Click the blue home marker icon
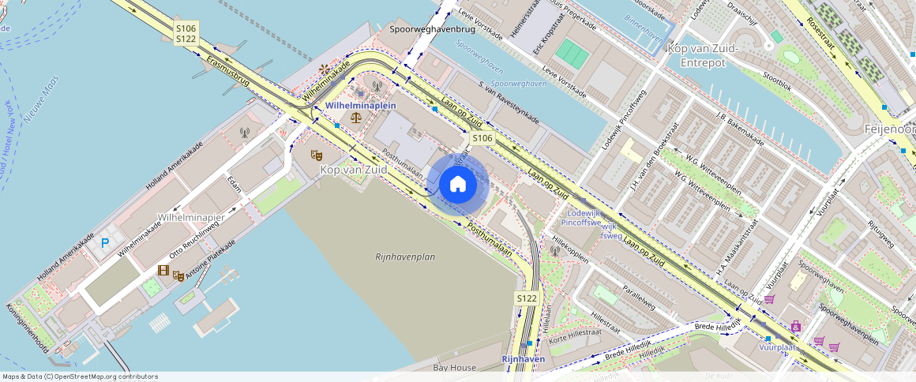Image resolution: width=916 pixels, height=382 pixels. [x=457, y=185]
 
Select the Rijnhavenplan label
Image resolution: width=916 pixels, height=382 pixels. [x=405, y=257]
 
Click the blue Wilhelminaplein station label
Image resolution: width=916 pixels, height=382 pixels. [x=361, y=105]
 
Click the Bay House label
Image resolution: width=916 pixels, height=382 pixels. [x=455, y=368]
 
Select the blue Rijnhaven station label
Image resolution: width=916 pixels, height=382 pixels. [x=524, y=359]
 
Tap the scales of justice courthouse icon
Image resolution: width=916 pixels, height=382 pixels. [x=356, y=118]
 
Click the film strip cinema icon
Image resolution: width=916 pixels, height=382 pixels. [x=163, y=271]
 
